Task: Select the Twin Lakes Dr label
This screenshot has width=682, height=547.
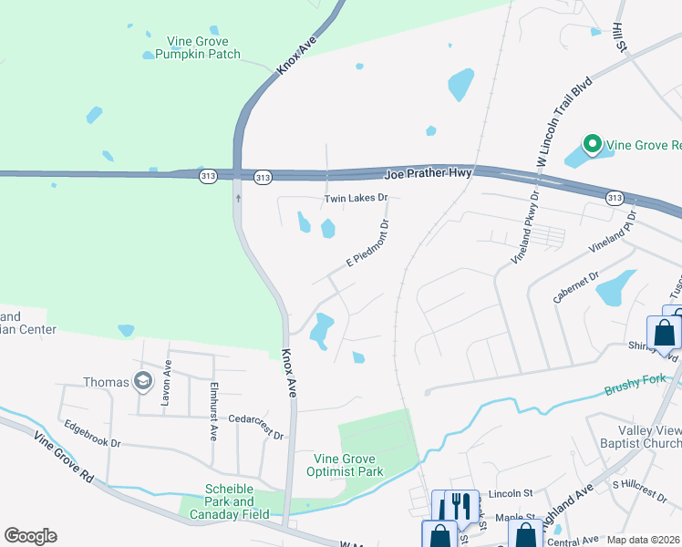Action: point(356,198)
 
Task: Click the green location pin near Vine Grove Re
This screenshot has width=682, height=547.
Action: point(591,144)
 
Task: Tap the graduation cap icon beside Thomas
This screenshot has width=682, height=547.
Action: point(142,381)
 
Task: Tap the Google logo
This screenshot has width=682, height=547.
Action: point(30,536)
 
